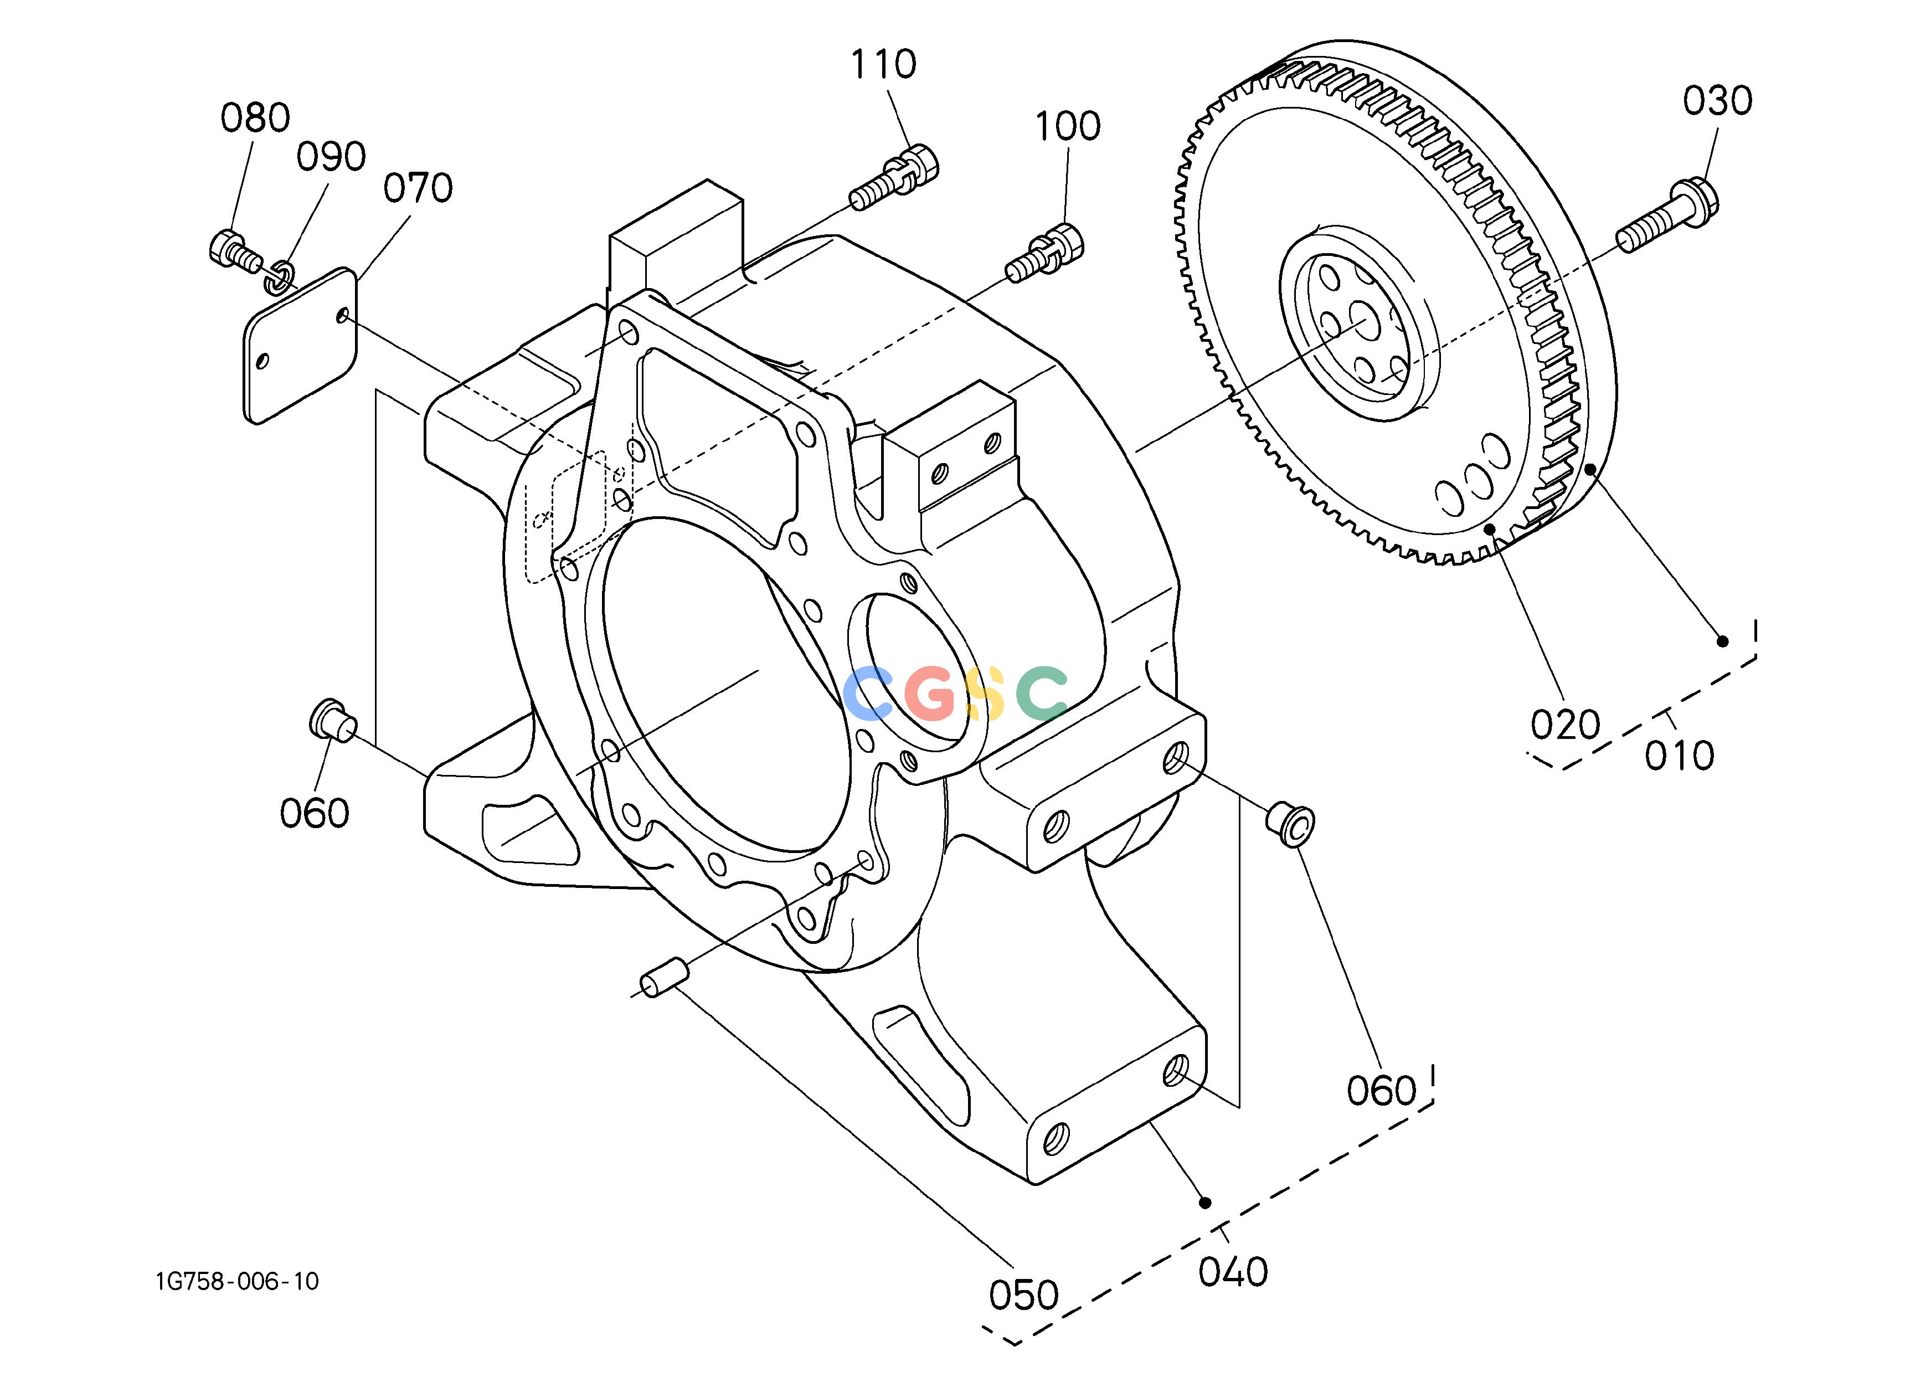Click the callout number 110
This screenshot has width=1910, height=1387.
pyautogui.click(x=883, y=64)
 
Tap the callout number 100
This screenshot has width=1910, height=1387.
pyautogui.click(x=1067, y=126)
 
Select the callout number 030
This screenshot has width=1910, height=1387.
pyautogui.click(x=1718, y=101)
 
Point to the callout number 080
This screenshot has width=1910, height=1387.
pyautogui.click(x=255, y=118)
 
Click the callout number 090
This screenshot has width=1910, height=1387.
pyautogui.click(x=331, y=157)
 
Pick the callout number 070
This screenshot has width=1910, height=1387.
pyautogui.click(x=418, y=188)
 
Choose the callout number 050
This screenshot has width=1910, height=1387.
pyautogui.click(x=1023, y=1295)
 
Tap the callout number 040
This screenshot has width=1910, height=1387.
pyautogui.click(x=1233, y=1272)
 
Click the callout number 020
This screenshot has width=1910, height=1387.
pyautogui.click(x=1565, y=724)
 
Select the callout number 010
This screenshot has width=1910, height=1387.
pyautogui.click(x=1679, y=756)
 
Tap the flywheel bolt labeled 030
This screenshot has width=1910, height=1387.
pyautogui.click(x=1667, y=215)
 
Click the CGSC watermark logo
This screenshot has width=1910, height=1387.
pyautogui.click(x=955, y=693)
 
